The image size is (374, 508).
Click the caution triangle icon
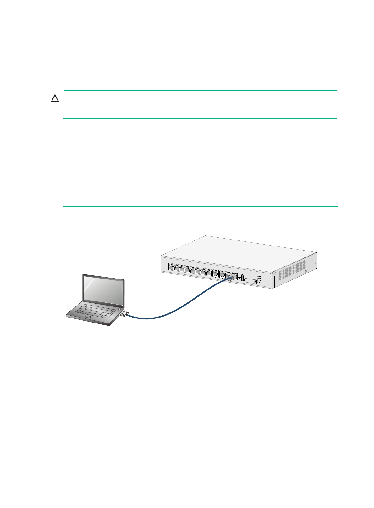pyautogui.click(x=55, y=99)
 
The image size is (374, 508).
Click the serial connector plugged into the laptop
pyautogui.click(x=124, y=314)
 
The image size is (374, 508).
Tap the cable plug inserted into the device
pyautogui.click(x=231, y=278)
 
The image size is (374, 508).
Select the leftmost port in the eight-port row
pyautogui.click(x=171, y=268)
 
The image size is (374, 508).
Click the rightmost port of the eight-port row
pyautogui.click(x=209, y=273)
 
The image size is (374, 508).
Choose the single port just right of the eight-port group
pyautogui.click(x=216, y=274)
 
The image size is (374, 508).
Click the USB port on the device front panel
pyautogui.click(x=242, y=278)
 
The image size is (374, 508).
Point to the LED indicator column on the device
pyautogui.click(x=258, y=279)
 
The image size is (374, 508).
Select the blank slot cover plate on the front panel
pyautogui.click(x=250, y=281)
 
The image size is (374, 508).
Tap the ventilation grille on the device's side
pyautogui.click(x=292, y=270)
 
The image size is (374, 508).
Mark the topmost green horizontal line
pyautogui.click(x=201, y=91)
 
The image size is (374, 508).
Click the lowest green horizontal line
pyautogui.click(x=201, y=207)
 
